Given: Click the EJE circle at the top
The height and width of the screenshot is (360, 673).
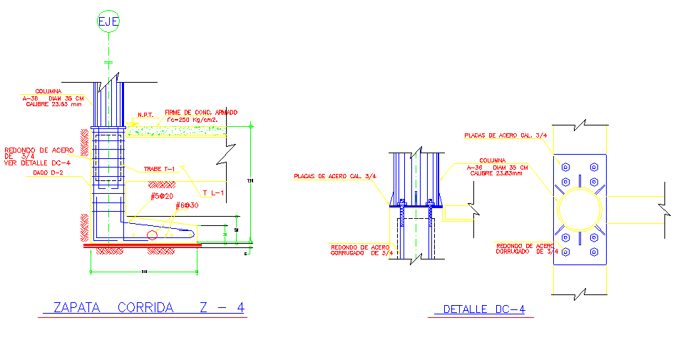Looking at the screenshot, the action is (108, 21).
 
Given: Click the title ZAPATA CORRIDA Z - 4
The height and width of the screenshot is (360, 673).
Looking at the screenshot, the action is (149, 308).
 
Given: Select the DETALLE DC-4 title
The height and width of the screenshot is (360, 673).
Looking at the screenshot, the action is (484, 309).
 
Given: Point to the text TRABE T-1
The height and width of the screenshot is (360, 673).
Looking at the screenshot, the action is (159, 169).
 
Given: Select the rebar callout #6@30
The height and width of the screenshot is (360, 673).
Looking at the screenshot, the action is (187, 205).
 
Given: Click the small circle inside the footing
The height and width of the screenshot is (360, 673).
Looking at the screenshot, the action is (152, 235).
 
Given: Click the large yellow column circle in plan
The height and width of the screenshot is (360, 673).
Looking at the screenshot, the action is (579, 212).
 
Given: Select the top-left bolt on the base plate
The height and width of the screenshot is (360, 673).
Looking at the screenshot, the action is (565, 168).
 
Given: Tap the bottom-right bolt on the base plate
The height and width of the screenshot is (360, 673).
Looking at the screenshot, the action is (593, 252).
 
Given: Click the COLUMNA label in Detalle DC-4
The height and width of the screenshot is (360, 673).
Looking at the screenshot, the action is (493, 161).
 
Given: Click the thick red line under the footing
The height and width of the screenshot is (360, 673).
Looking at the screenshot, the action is (143, 245).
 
